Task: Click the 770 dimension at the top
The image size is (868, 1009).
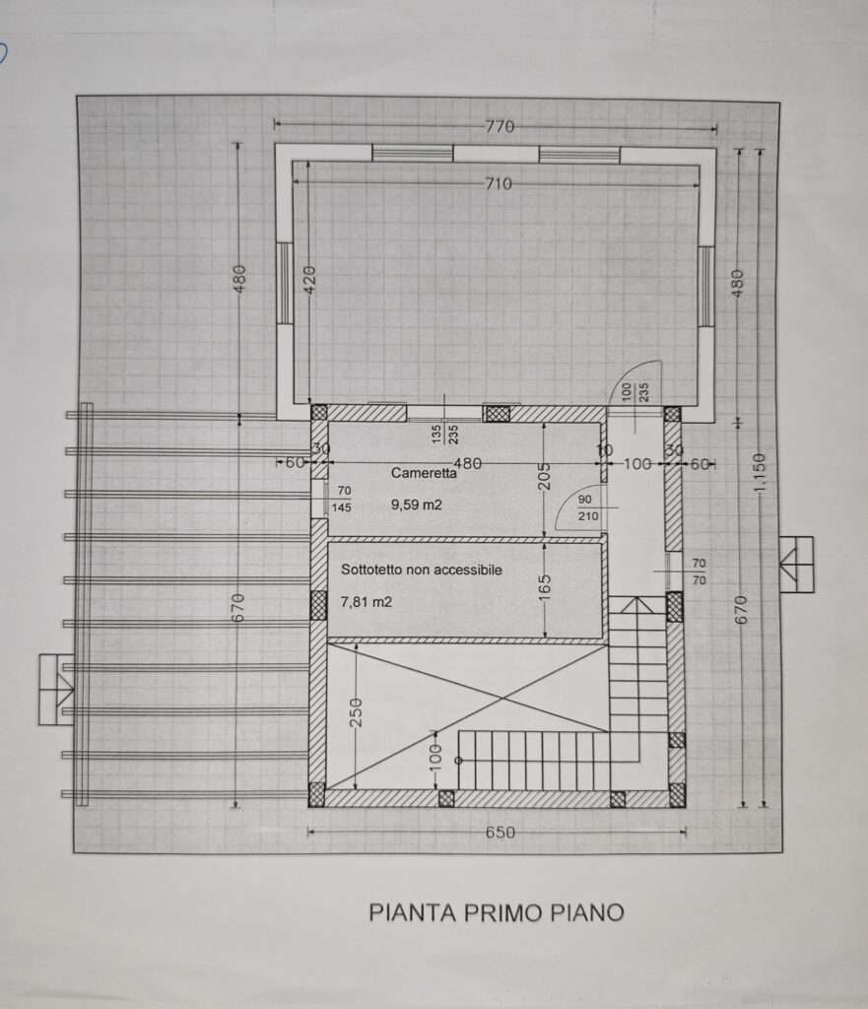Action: [x=500, y=126]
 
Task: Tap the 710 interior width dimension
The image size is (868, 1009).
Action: [x=499, y=184]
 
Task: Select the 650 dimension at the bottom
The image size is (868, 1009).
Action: [x=500, y=832]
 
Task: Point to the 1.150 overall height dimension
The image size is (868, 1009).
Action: [x=760, y=474]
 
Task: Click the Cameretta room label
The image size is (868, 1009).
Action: [x=424, y=473]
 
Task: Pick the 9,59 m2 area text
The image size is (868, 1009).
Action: [x=417, y=505]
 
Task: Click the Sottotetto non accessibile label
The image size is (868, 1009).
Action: [x=422, y=570]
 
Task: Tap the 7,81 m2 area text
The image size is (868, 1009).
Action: [x=367, y=602]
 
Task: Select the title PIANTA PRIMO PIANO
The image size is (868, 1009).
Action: [x=497, y=912]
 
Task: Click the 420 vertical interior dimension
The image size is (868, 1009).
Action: [x=309, y=280]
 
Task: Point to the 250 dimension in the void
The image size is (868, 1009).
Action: [x=356, y=712]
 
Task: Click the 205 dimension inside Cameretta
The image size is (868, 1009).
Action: [x=545, y=477]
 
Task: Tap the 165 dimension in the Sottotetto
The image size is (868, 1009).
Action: [x=545, y=587]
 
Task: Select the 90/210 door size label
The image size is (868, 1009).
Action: [x=588, y=507]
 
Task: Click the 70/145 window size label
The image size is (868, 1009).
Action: [x=342, y=500]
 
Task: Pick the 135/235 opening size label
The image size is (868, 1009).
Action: [x=445, y=434]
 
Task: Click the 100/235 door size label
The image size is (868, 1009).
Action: [x=635, y=392]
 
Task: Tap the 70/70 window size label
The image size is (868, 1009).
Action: [x=699, y=572]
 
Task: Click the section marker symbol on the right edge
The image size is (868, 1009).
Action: [x=797, y=565]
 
